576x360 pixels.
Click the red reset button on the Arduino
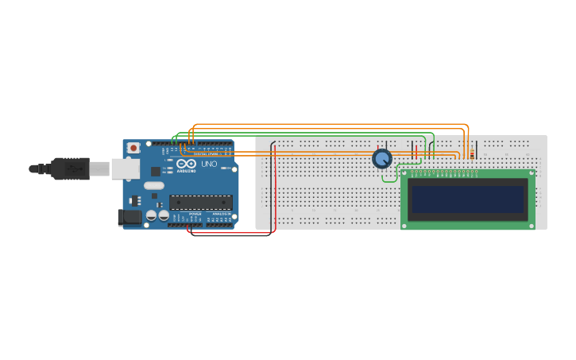point(133,148)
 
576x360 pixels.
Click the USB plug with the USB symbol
point(71,168)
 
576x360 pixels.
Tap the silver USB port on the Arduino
point(125,168)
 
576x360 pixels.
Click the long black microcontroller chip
point(201,203)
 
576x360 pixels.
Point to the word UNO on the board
point(209,164)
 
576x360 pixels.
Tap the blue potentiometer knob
point(382,159)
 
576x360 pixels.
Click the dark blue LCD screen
point(467,199)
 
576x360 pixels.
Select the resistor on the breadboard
point(472,153)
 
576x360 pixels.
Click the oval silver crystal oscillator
point(154,186)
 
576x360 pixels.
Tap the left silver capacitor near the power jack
point(150,215)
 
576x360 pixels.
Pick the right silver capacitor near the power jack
point(163,215)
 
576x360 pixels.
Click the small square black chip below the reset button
point(155,171)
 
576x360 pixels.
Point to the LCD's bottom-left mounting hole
point(405,226)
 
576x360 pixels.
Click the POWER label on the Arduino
point(195,214)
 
